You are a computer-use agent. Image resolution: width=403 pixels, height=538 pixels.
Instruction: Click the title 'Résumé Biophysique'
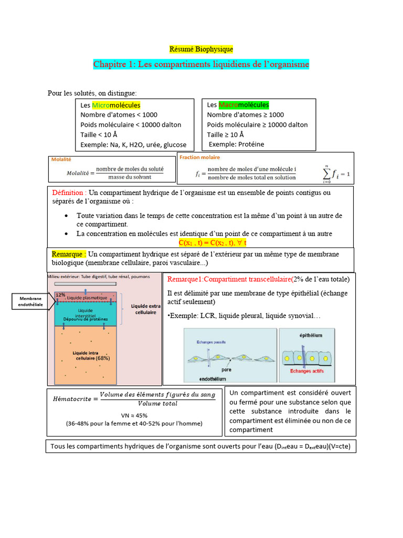coord(201,49)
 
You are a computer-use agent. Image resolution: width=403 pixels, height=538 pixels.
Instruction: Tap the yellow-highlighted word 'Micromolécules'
coord(116,105)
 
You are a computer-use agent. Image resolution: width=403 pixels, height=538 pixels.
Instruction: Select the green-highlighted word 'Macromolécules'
coord(243,105)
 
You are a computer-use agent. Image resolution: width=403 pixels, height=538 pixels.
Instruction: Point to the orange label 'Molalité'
coord(61,159)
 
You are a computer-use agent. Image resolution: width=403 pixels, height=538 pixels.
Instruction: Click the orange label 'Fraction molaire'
coord(200,157)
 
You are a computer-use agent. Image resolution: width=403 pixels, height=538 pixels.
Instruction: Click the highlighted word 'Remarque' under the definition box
coord(69,254)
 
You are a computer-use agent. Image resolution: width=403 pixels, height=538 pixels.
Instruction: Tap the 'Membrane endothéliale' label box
coord(30,302)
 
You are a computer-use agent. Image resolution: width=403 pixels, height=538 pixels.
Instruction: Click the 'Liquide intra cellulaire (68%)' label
coord(91,355)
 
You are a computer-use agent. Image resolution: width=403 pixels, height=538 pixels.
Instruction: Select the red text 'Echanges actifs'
coord(307,371)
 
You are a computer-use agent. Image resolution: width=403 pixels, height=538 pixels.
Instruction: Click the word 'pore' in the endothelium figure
coord(226,370)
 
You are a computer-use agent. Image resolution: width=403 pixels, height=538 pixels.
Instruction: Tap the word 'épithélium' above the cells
coord(311,335)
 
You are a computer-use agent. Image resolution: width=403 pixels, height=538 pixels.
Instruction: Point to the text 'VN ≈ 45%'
coord(134,415)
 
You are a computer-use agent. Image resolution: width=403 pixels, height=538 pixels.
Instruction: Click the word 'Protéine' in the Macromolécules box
coord(250,144)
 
